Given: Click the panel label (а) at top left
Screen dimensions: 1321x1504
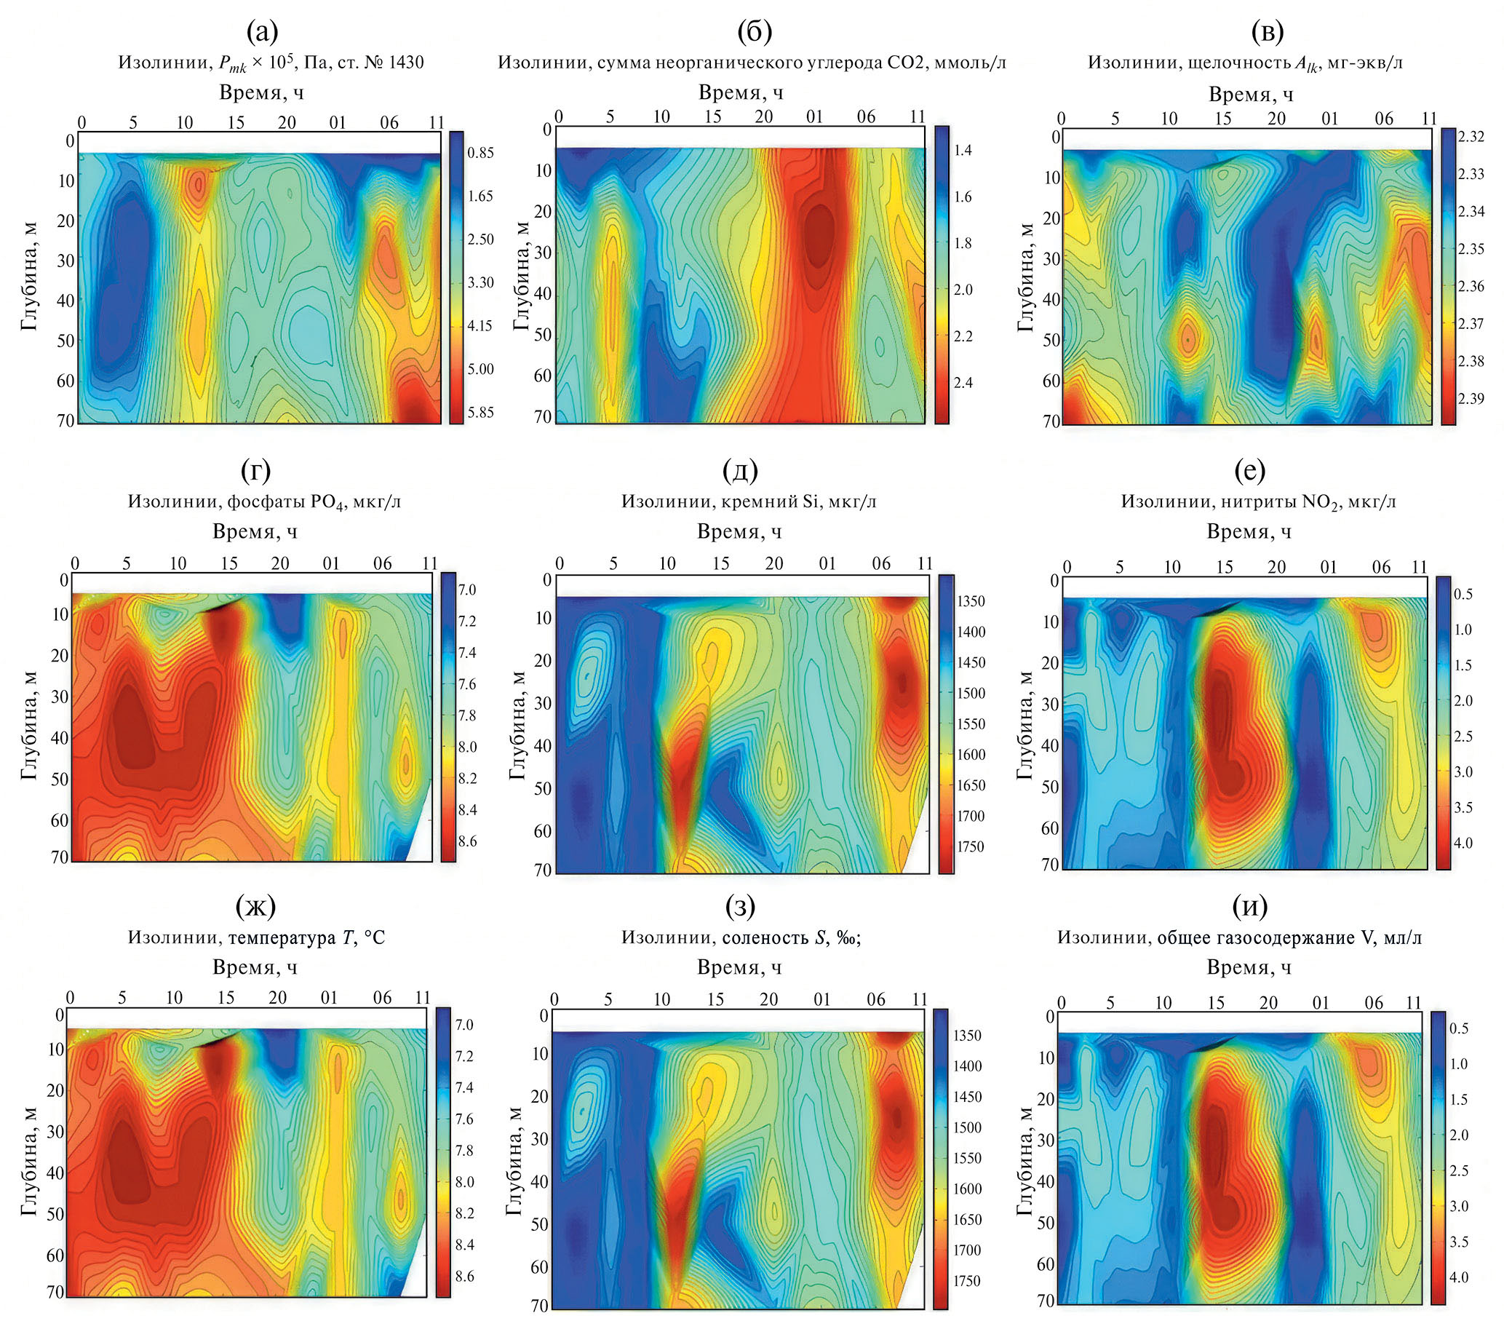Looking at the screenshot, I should click(263, 31).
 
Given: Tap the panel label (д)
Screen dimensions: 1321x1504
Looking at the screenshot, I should click(739, 469).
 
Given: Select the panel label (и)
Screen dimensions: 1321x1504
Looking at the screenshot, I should click(1249, 908).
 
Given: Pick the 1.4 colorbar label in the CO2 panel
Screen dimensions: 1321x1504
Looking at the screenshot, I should click(963, 150).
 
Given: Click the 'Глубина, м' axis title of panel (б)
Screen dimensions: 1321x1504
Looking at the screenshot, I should click(522, 275).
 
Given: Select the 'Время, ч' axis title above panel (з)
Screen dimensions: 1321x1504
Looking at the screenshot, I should click(739, 967).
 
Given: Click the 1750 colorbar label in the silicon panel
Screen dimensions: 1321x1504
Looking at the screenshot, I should click(970, 846).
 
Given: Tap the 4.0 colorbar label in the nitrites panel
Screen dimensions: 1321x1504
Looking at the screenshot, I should click(1463, 843).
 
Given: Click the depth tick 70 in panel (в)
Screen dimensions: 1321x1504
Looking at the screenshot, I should click(1050, 420).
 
